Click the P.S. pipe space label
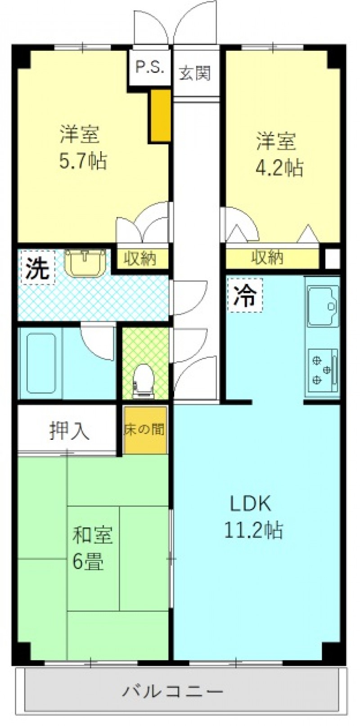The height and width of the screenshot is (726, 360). (x=149, y=68)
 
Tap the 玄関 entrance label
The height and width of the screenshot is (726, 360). (x=195, y=73)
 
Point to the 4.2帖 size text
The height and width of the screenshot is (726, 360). (x=279, y=167)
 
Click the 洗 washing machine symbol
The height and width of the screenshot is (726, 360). (x=38, y=269)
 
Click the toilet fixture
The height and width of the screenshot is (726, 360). (x=143, y=380)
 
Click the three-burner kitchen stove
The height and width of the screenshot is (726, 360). (x=323, y=370)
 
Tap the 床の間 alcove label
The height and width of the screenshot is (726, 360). (x=144, y=430)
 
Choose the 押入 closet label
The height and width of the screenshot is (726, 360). (x=69, y=431)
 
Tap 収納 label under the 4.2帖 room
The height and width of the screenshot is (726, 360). (x=268, y=257)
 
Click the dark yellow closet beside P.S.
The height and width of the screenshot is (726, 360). (x=160, y=115)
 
